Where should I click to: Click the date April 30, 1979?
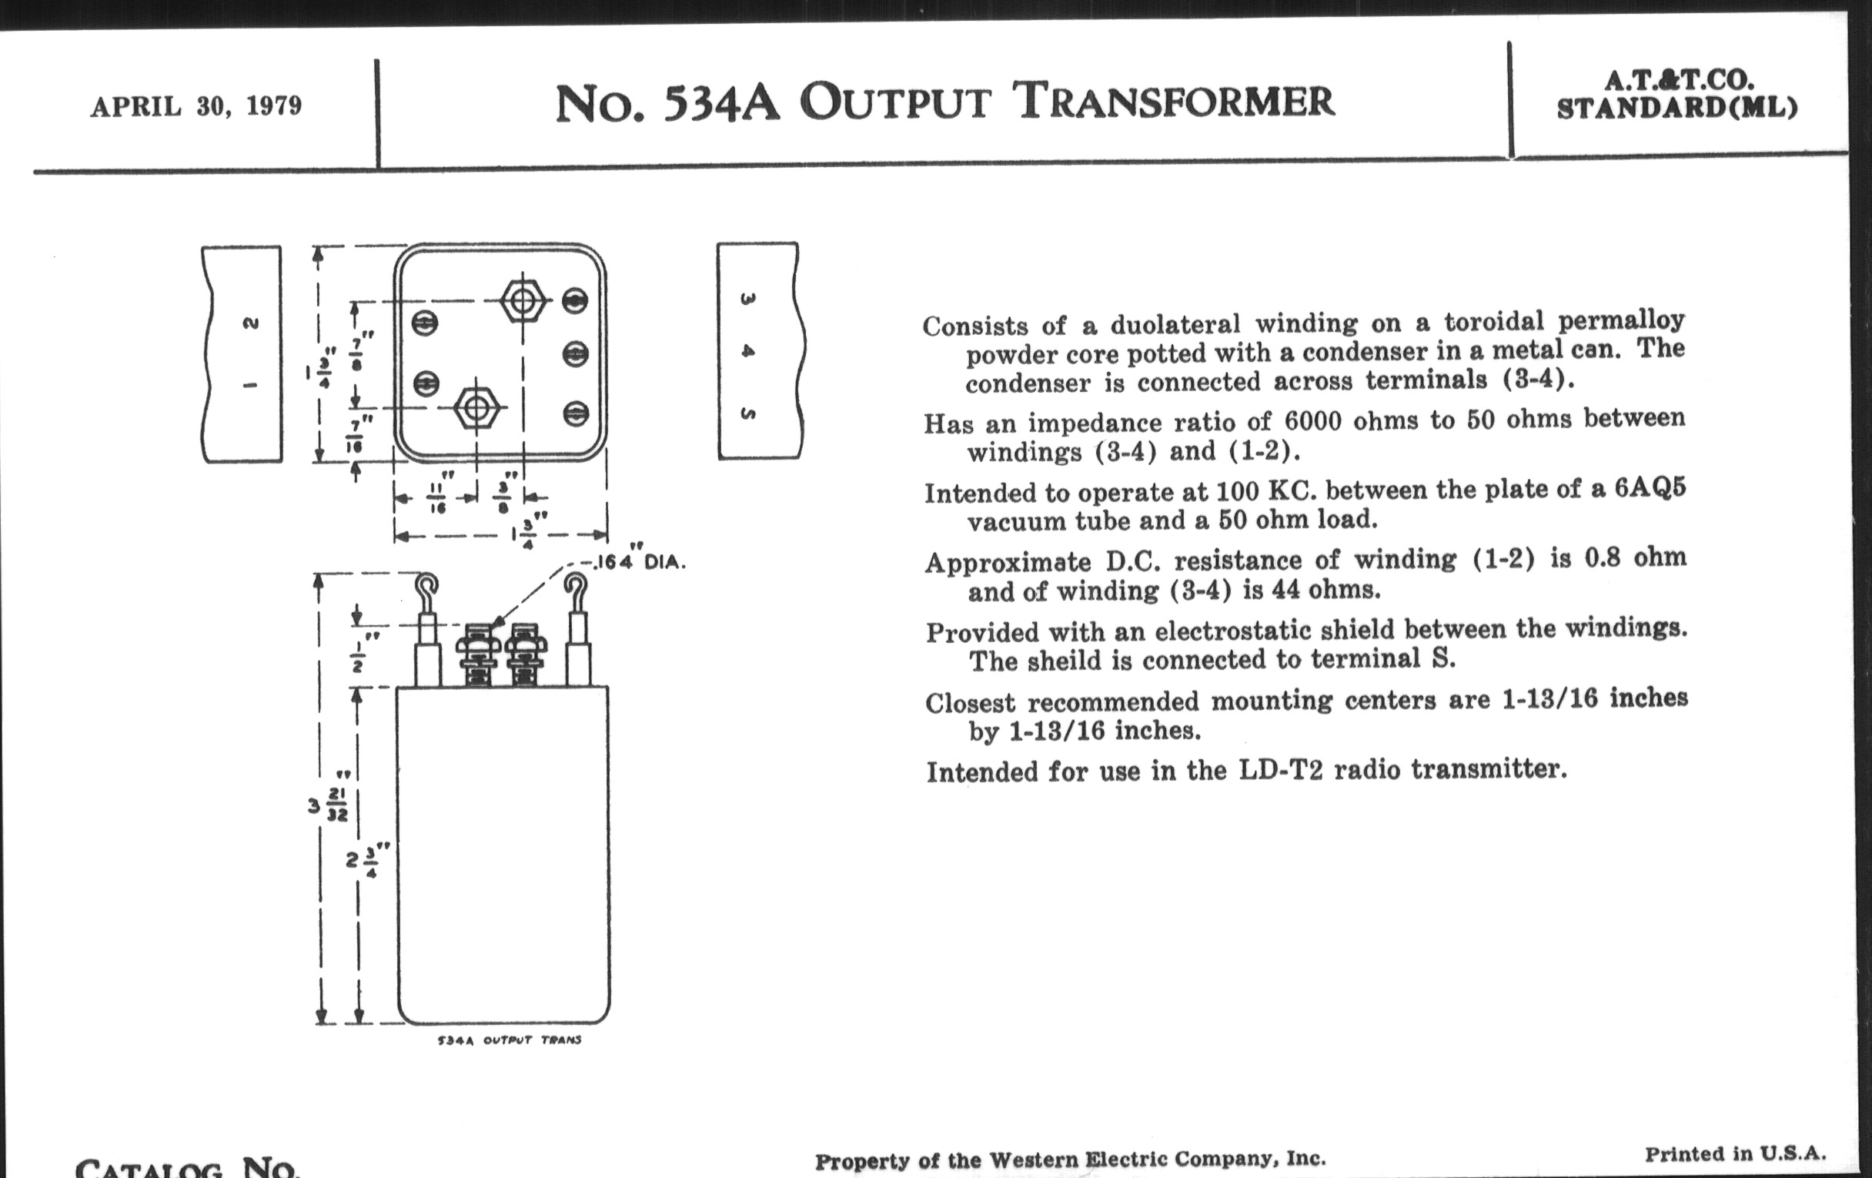pos(196,106)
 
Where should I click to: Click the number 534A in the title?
pos(720,103)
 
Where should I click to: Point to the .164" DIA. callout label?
pos(639,561)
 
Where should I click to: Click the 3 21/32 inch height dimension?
pos(329,805)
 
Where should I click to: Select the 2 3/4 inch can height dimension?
pos(366,860)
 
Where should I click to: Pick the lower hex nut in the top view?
pos(476,407)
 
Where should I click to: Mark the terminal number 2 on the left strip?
pos(250,323)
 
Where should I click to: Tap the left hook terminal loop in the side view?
pos(426,584)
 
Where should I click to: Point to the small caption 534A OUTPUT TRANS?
pos(510,1040)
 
